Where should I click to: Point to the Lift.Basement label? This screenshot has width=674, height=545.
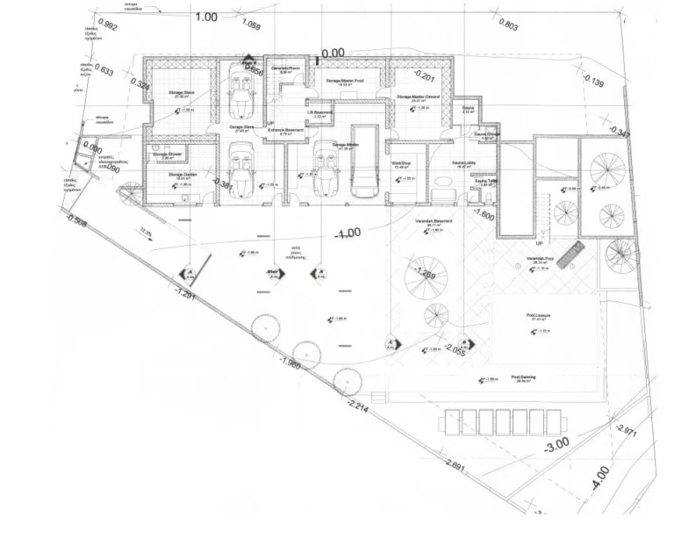click(x=320, y=112)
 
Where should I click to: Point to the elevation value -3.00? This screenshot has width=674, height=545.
click(x=556, y=444)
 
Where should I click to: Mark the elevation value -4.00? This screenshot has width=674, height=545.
click(x=600, y=479)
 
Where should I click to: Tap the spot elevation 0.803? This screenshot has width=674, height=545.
click(x=507, y=26)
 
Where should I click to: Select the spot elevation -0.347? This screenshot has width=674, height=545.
click(x=619, y=133)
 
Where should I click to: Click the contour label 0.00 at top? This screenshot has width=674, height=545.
click(x=333, y=54)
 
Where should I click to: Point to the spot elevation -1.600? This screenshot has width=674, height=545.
click(x=484, y=213)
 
